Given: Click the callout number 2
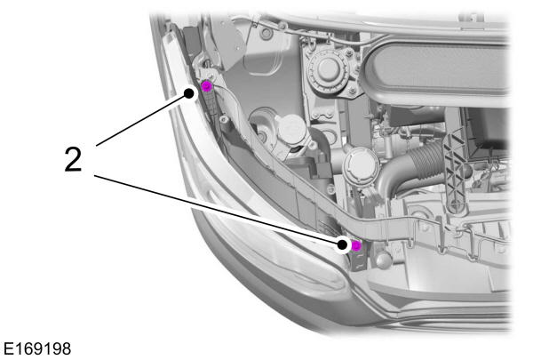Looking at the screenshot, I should (x=75, y=160).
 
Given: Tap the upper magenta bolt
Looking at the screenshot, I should (x=206, y=86).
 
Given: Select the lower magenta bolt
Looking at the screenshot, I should (x=355, y=245).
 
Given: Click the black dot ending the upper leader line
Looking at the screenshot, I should (x=190, y=92).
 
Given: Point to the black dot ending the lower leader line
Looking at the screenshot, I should (x=343, y=241).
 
